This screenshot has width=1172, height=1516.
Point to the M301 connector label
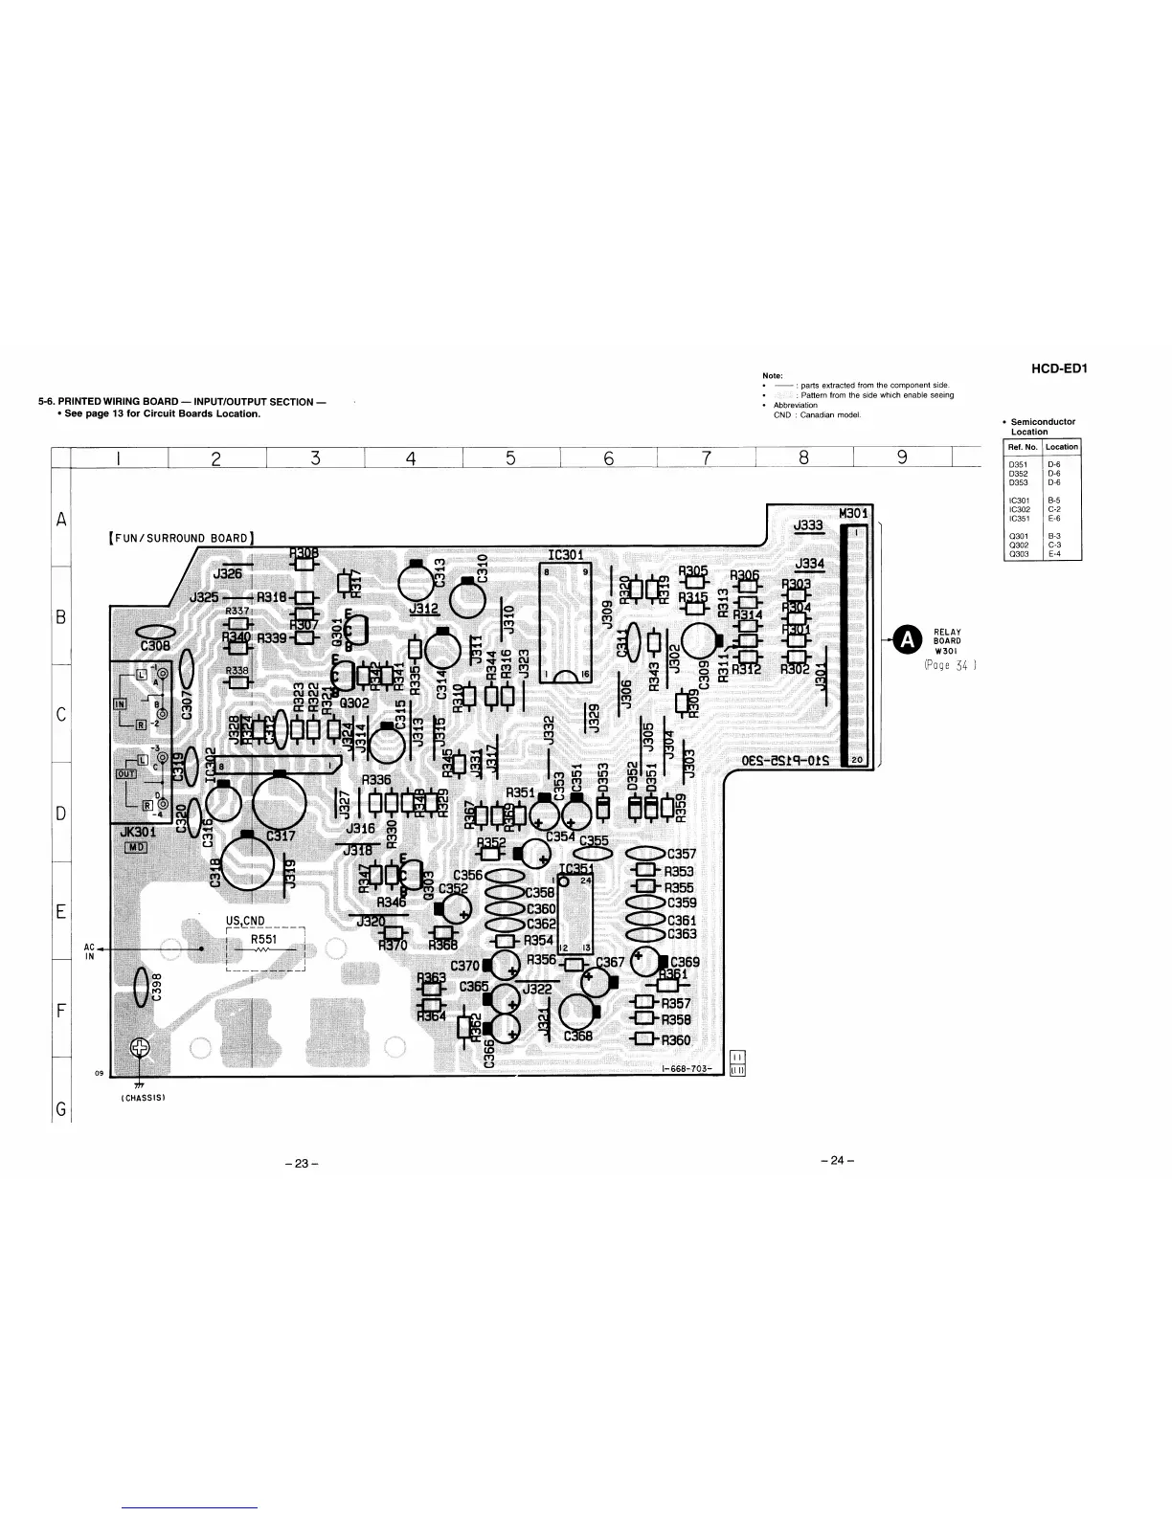(x=852, y=513)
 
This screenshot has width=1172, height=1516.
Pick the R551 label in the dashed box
(x=263, y=939)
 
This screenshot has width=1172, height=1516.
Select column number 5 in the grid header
(x=510, y=458)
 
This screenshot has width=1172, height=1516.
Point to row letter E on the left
(x=60, y=911)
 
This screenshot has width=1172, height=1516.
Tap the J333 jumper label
(x=808, y=524)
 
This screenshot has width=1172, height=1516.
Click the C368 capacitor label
(x=577, y=1036)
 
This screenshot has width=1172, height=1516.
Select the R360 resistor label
(x=676, y=1039)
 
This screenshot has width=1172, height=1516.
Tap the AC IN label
(x=89, y=952)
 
